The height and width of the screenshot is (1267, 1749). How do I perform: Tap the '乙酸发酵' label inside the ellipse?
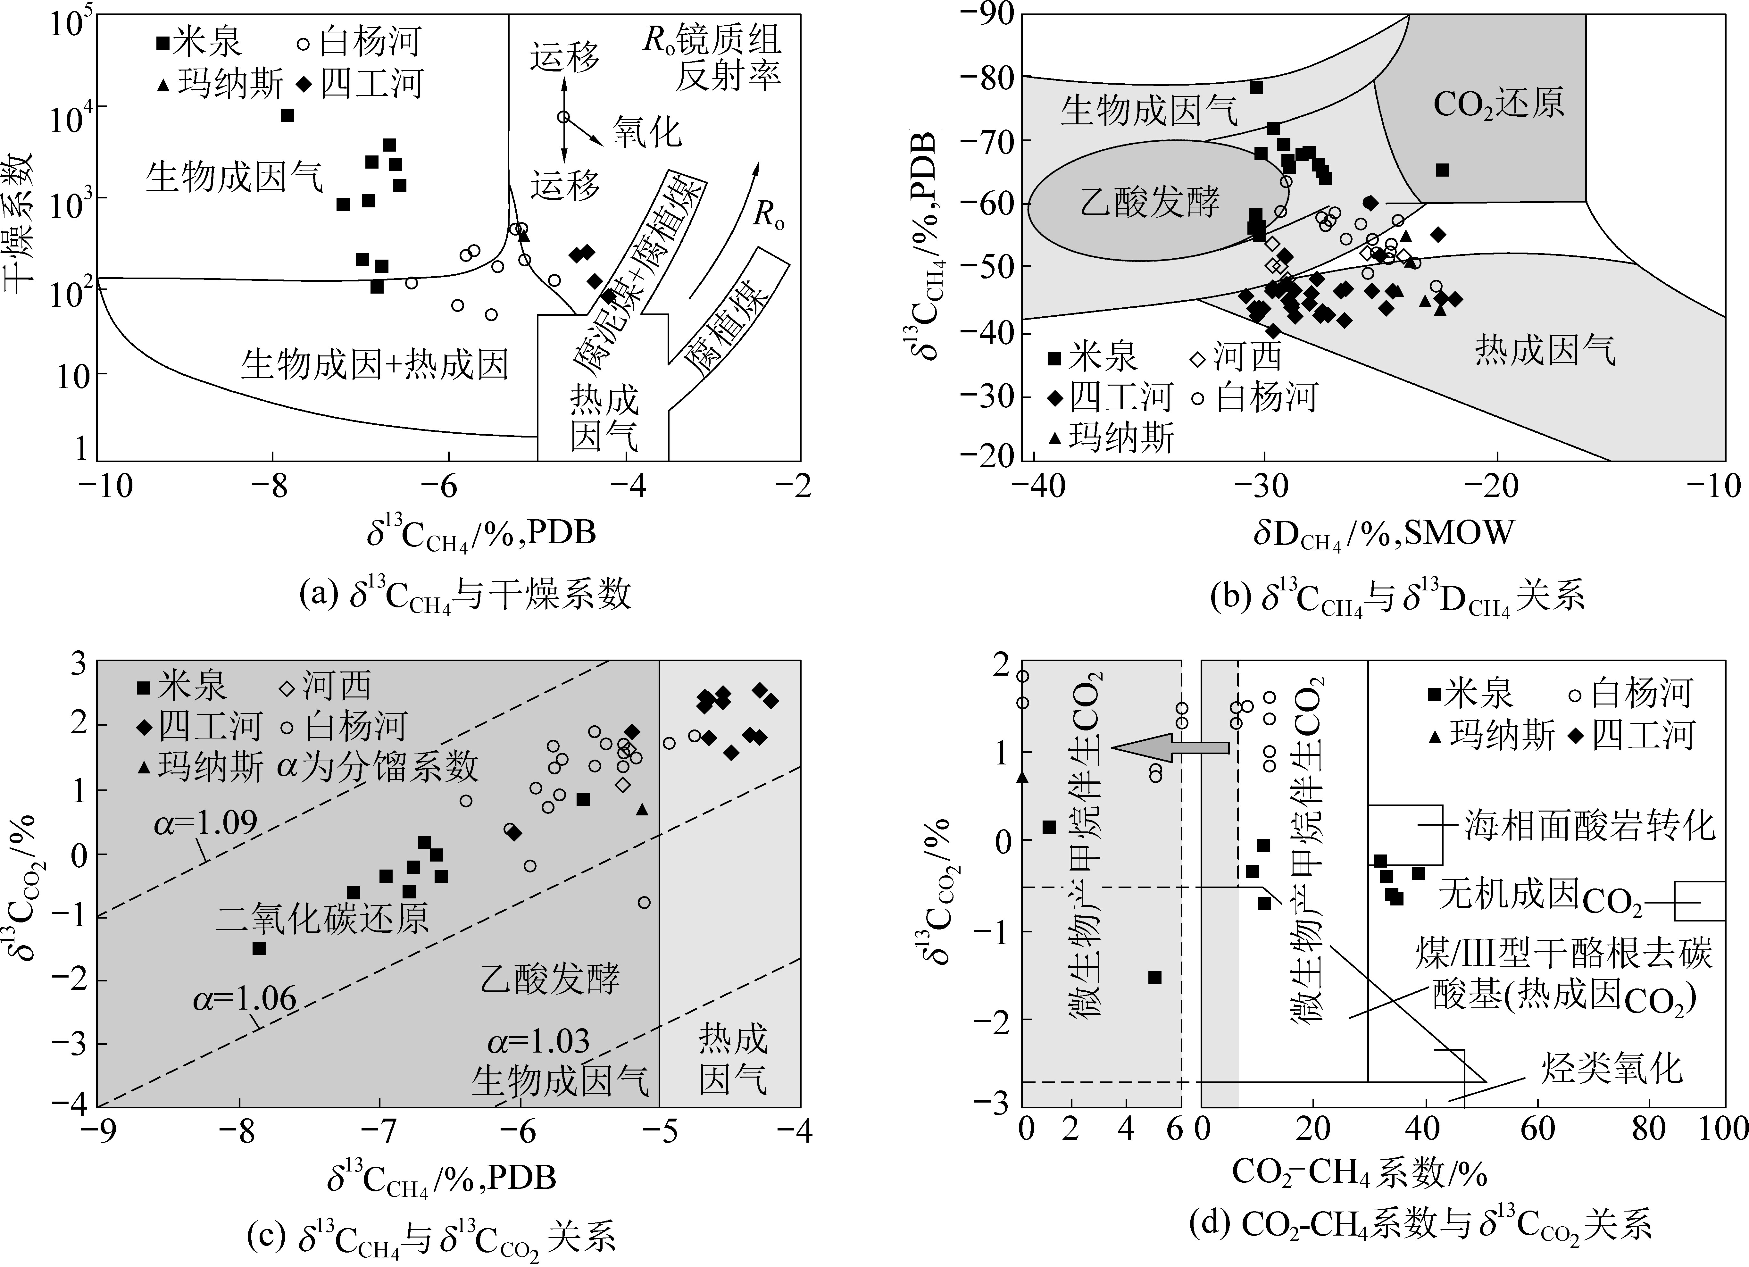pyautogui.click(x=1149, y=203)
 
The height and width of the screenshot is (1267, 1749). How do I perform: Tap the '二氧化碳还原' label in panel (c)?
pyautogui.click(x=322, y=918)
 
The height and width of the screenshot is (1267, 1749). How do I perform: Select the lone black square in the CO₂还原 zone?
pyautogui.click(x=1441, y=170)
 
